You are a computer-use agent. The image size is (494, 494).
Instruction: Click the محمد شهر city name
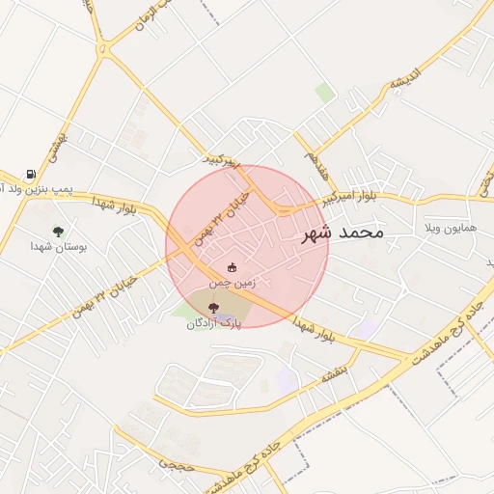(x=343, y=233)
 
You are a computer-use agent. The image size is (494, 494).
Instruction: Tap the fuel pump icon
(x=31, y=176)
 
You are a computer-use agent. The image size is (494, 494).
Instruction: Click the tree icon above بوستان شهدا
(x=59, y=232)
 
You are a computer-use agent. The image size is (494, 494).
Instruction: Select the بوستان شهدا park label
(x=58, y=247)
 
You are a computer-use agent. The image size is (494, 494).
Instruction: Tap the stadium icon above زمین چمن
(x=231, y=266)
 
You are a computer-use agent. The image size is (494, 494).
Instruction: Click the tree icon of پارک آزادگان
(x=213, y=308)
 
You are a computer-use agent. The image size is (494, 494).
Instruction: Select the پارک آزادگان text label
(x=213, y=324)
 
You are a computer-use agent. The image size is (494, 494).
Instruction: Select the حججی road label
(x=175, y=465)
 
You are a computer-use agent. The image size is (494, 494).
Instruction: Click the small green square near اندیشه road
(x=326, y=93)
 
